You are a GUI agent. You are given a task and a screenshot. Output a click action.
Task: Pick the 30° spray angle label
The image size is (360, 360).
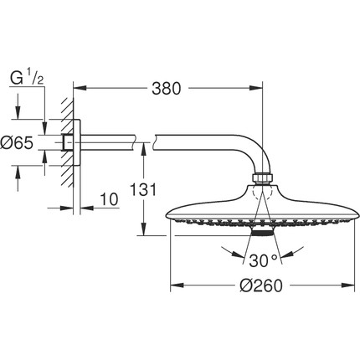click(x=260, y=259)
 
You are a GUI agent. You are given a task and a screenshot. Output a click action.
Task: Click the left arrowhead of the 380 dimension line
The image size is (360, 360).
click(x=80, y=86)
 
